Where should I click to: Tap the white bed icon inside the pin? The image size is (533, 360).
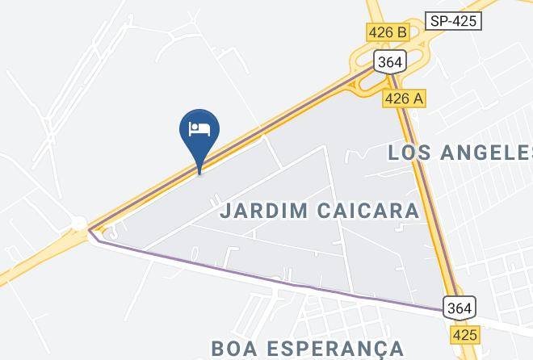click(199, 128)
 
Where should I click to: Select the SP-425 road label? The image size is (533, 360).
click(453, 21)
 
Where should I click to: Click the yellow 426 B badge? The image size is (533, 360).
click(387, 32)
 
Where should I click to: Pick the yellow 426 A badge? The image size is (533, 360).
click(404, 98)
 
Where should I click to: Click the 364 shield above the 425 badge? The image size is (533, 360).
click(459, 308)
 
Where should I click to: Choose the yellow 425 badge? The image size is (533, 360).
click(465, 333)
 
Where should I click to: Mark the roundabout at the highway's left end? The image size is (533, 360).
click(78, 223)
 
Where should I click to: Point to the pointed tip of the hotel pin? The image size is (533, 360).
click(199, 171)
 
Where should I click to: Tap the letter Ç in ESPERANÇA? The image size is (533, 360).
click(377, 349)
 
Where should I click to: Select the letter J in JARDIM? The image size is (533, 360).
click(225, 211)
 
